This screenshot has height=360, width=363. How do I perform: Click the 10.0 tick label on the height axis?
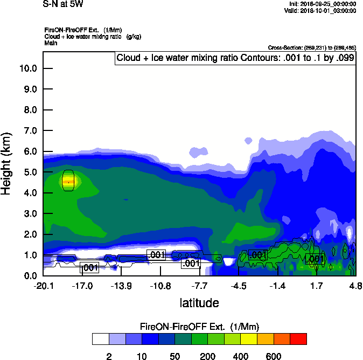coord(27,68)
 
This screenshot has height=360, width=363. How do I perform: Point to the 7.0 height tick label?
coord(30,131)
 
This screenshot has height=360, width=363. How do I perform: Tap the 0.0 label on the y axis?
coord(30,276)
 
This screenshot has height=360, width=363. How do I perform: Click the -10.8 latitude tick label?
coord(160,286)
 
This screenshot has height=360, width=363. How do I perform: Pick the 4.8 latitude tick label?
coord(355,286)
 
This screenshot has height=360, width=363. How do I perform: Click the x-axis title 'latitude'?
coord(199,303)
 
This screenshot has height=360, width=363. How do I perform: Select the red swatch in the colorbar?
coord(298,339)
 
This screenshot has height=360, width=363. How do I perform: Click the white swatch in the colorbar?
coord(100,339)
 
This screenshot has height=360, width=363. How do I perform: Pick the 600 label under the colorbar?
coord(274,356)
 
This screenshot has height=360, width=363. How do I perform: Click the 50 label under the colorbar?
coord(174,356)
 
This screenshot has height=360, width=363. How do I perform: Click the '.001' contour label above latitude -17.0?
coord(89,267)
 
